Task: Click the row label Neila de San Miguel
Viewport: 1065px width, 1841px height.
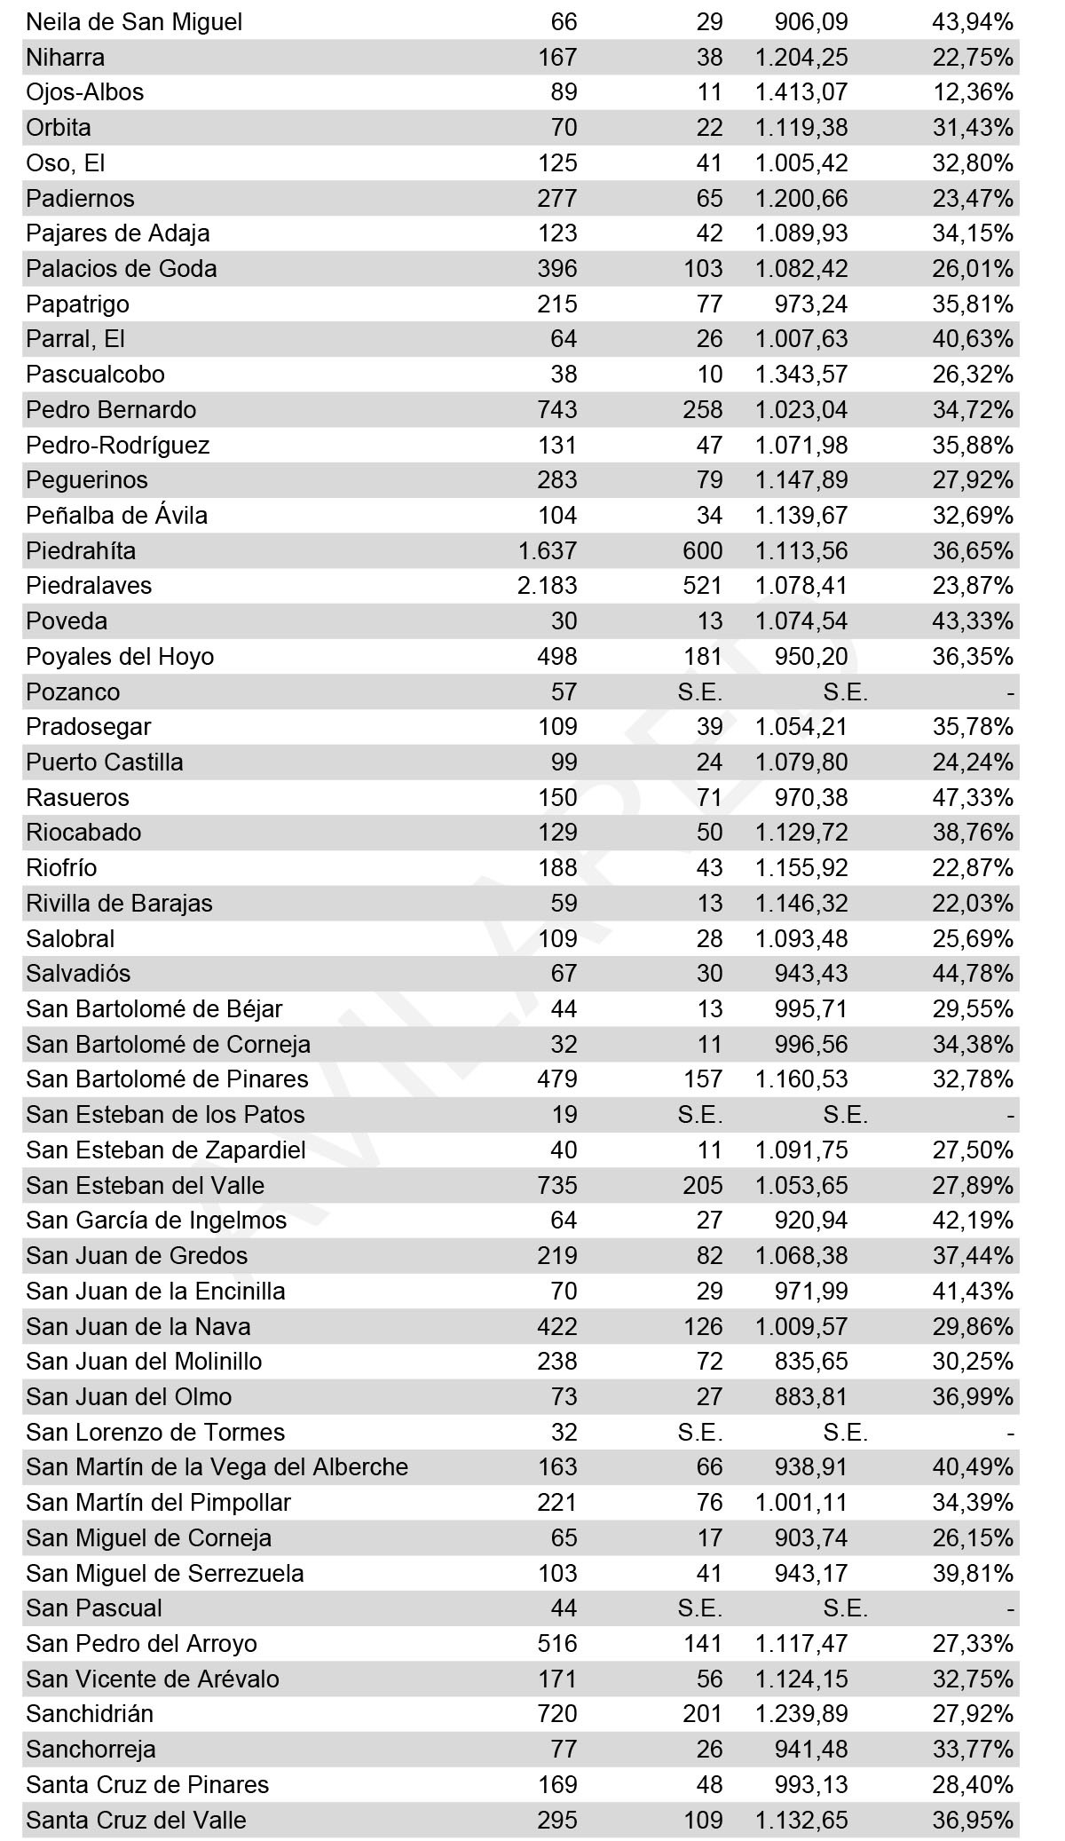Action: pos(134,22)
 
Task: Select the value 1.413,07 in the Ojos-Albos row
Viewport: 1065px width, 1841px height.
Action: pos(801,92)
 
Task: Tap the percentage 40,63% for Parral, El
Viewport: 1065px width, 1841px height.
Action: pos(972,339)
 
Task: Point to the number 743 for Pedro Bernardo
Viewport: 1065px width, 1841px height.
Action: pos(557,410)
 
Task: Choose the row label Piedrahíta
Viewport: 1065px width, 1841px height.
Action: pos(81,551)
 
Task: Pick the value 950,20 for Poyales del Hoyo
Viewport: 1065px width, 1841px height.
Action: pos(810,657)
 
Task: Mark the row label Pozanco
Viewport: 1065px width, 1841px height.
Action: pos(73,692)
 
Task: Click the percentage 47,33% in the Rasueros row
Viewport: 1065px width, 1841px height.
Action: pos(972,797)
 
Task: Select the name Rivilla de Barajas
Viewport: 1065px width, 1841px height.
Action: pos(119,904)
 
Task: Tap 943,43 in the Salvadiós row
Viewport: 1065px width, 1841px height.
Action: pos(810,974)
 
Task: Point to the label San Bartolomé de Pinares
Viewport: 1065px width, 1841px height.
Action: pos(167,1079)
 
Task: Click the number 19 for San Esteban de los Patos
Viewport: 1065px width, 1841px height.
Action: pos(564,1115)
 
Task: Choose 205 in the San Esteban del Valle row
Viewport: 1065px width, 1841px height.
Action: pos(703,1185)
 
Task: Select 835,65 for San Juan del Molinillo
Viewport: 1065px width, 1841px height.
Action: pos(810,1362)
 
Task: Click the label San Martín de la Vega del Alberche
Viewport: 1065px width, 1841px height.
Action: pos(217,1467)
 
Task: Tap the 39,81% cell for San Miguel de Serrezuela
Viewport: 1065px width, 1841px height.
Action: pos(972,1573)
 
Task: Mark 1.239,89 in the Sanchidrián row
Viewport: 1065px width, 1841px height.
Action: pos(801,1714)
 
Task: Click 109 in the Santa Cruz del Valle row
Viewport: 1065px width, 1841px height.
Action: pos(703,1820)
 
